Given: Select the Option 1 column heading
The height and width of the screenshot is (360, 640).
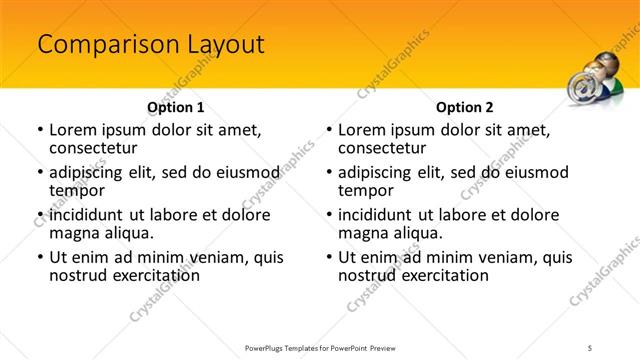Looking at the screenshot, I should (x=175, y=106).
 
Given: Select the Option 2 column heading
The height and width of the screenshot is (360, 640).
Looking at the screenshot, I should (x=464, y=106).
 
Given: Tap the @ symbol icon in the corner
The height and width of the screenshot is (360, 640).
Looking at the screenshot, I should (x=584, y=87).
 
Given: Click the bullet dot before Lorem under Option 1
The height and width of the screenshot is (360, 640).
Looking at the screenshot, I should (x=39, y=131).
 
